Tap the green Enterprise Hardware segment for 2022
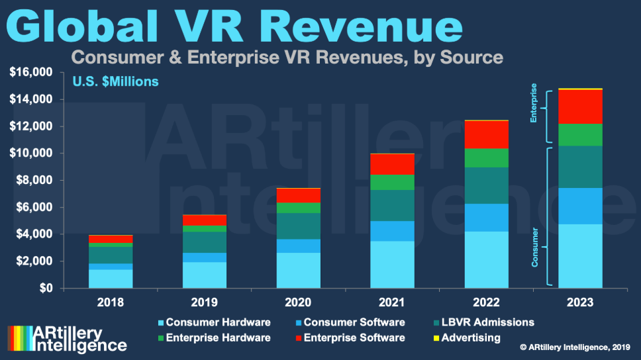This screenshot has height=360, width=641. [x=486, y=158]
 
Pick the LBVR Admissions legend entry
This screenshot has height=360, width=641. [x=481, y=322]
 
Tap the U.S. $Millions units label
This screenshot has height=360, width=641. [x=115, y=83]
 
